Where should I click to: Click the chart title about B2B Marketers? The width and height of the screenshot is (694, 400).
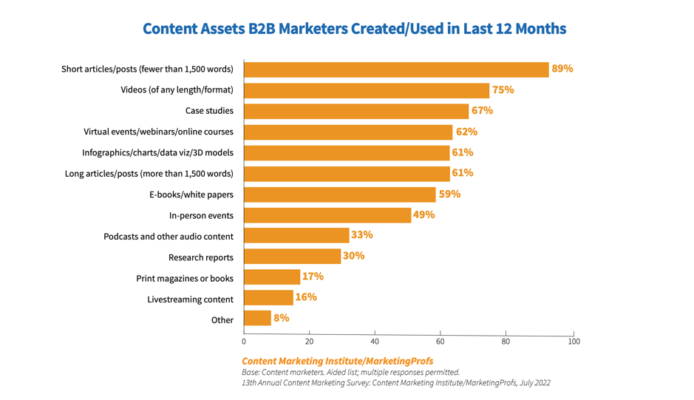pos(354,29)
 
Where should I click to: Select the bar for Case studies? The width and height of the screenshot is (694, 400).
pos(356,111)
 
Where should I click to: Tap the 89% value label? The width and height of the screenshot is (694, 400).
pos(562,69)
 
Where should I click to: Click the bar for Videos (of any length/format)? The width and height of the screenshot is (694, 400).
pos(367,90)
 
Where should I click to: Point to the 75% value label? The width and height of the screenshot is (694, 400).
pos(503,89)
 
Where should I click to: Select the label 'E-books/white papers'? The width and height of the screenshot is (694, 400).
pos(191,194)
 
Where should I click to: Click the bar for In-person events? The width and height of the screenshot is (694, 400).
pos(327,215)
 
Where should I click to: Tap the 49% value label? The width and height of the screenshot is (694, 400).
pos(424,215)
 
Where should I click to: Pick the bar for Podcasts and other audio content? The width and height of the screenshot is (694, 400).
pos(296,236)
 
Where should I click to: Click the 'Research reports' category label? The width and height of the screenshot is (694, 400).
pos(201,257)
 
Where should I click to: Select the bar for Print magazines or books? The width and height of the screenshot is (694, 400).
pos(272,277)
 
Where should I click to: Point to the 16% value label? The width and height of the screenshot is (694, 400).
pos(306,297)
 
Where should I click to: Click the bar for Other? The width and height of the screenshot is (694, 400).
pos(257,319)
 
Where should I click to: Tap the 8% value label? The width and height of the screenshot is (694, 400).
pos(281,318)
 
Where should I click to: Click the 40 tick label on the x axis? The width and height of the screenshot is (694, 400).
pos(375,342)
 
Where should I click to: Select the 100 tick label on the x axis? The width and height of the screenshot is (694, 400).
pos(574,342)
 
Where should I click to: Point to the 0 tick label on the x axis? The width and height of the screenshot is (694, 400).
pos(244,342)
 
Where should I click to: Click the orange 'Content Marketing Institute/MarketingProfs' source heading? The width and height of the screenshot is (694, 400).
pos(338,361)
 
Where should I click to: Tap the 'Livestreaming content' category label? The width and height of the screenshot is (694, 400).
pos(191,299)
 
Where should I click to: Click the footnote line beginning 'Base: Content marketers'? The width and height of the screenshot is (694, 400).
pos(351,373)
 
